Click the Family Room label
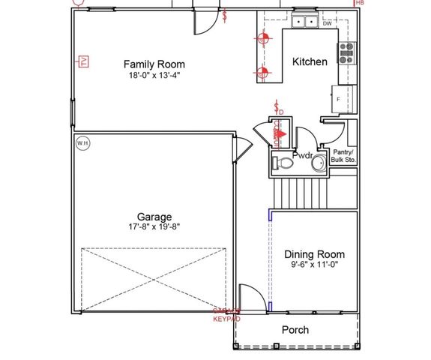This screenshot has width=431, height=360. pos(154,64)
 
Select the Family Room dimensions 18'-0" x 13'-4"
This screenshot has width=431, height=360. pos(154,76)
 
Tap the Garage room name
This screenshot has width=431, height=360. pos(154,217)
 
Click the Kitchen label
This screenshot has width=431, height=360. pos(310,61)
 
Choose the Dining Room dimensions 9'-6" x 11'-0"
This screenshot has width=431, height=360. pos(314,266)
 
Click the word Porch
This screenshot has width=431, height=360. pos(295,329)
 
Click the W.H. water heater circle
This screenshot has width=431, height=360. pos(82,142)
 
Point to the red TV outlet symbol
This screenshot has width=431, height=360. pos(83,61)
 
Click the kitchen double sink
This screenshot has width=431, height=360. pos(304,22)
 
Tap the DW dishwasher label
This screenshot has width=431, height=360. pos(327,24)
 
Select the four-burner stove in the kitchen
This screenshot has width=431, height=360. pos(347,51)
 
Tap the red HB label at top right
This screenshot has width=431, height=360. pos(360,3)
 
